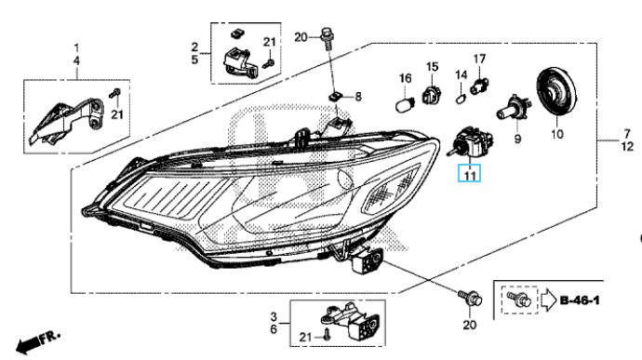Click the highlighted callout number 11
click(x=469, y=175)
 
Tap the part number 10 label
click(x=557, y=134)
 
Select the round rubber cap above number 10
click(x=556, y=92)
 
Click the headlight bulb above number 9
click(x=514, y=108)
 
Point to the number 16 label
click(x=405, y=78)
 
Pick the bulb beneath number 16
click(x=406, y=102)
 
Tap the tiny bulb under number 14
click(x=461, y=99)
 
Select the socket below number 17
click(x=479, y=87)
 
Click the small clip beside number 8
click(x=335, y=98)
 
